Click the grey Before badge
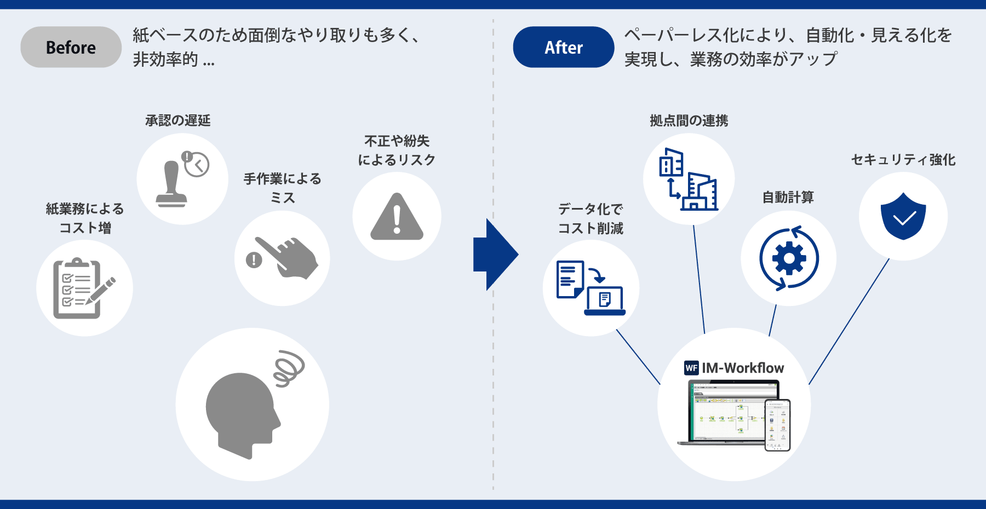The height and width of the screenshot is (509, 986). [71, 47]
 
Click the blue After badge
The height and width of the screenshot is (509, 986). [563, 47]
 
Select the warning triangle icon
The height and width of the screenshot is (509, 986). [397, 217]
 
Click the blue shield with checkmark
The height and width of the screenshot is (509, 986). [903, 217]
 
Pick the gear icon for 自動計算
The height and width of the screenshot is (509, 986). [789, 258]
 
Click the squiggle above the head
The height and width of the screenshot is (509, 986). [289, 368]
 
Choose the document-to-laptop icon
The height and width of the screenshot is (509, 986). [591, 288]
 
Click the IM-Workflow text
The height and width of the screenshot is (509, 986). [743, 368]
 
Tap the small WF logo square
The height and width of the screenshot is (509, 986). [691, 368]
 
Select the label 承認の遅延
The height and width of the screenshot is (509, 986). [178, 120]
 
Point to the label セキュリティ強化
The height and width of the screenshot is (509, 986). [903, 160]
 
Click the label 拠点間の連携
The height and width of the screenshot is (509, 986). [689, 120]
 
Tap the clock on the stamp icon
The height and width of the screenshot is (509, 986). [197, 164]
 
